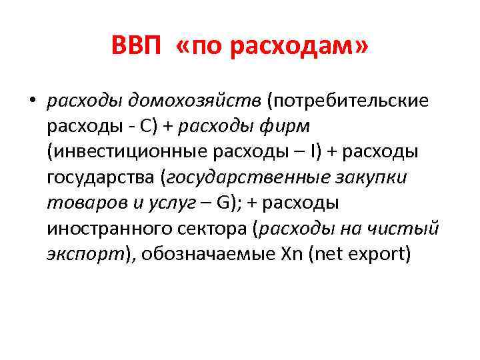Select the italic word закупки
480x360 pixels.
[x=374, y=178]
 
